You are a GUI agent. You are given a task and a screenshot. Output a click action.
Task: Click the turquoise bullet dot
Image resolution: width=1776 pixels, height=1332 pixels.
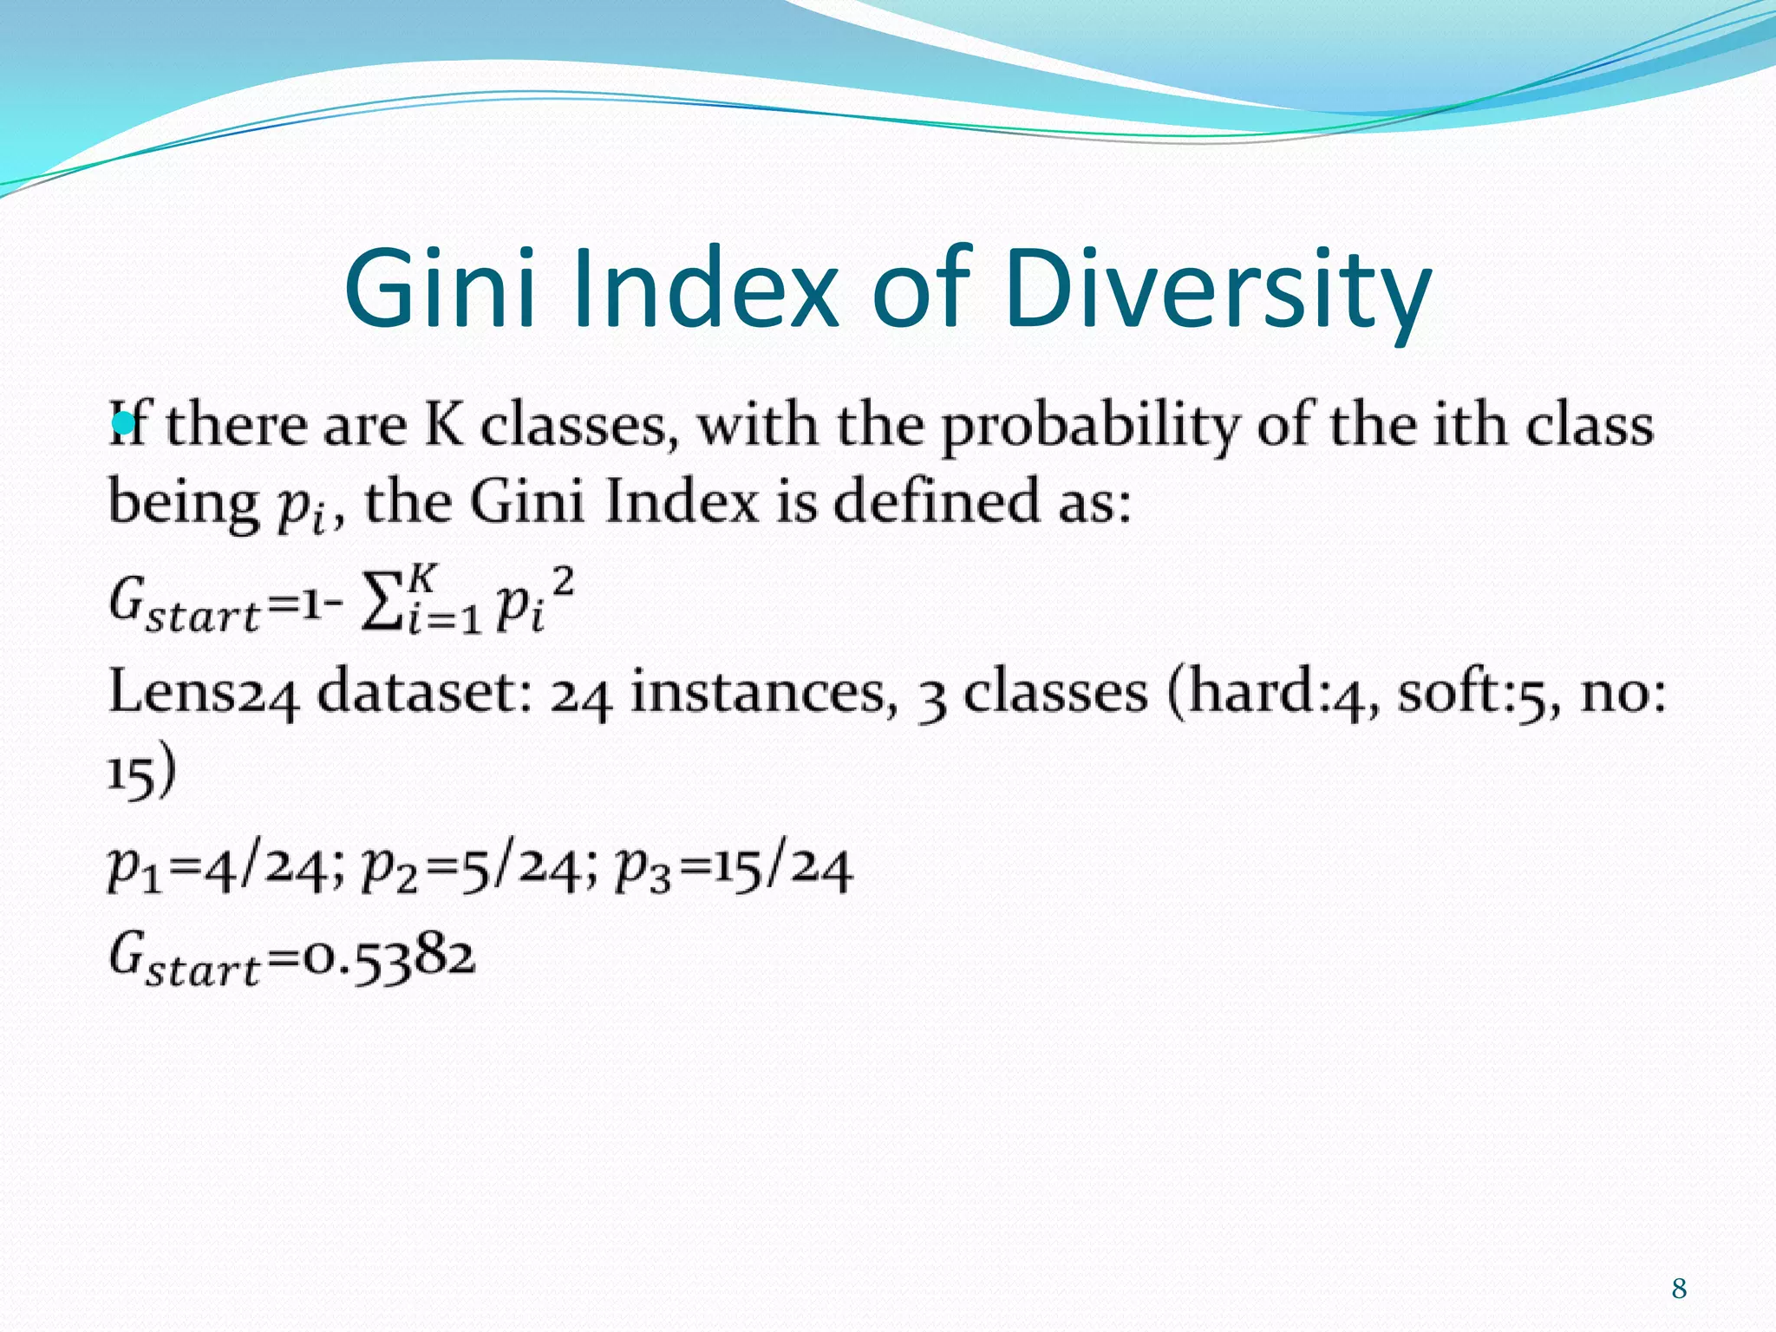tap(123, 423)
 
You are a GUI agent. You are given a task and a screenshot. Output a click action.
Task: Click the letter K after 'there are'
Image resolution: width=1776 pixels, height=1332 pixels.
tap(444, 425)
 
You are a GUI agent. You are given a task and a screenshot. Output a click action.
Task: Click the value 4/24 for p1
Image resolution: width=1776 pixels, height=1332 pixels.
tap(252, 869)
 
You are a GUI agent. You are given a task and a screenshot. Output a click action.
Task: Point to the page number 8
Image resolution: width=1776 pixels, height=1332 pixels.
tap(1679, 1289)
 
